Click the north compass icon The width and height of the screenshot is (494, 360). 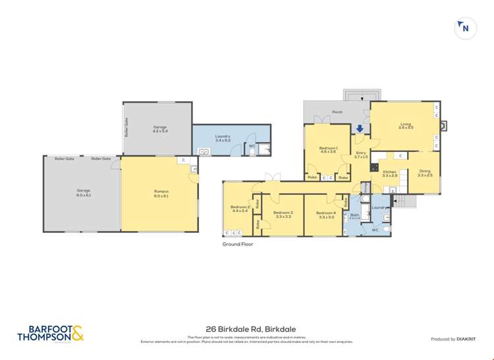[466, 28]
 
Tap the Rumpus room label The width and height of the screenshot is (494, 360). [161, 193]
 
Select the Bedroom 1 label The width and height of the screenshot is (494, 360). [328, 150]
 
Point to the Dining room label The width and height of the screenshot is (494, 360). [425, 173]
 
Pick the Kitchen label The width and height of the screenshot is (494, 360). [390, 174]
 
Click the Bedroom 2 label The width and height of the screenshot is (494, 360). [239, 209]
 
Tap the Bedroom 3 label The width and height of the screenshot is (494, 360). [283, 214]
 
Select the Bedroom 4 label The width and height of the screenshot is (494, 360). [325, 214]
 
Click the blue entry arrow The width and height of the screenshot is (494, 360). [360, 129]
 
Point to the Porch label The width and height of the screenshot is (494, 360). [337, 112]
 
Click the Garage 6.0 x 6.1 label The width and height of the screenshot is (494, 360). [83, 193]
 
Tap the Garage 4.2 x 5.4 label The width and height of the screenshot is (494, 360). [160, 129]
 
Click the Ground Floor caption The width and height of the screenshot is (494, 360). [238, 244]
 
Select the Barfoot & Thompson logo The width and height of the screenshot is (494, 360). [51, 334]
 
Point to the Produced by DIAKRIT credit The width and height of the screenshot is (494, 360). [452, 339]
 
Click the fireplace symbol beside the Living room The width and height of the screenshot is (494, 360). [443, 124]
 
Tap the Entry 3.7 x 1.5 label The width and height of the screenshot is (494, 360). [360, 155]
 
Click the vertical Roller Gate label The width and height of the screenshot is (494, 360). [125, 127]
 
